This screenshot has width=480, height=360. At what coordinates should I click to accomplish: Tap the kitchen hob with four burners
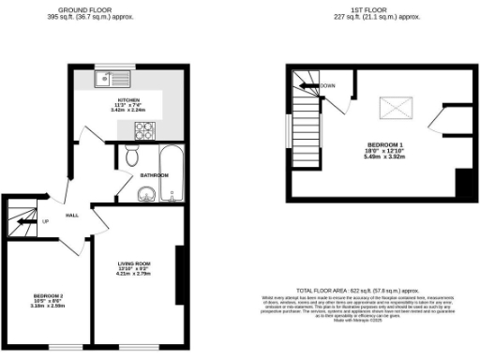point(144,128)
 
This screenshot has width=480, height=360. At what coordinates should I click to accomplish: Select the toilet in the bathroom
point(132,155)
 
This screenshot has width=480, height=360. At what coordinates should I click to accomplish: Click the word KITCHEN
point(127,98)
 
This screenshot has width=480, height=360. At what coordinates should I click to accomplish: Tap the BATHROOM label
point(155,175)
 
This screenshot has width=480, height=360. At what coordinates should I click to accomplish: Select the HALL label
point(71,215)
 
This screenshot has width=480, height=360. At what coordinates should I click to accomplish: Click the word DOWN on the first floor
point(327,85)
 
